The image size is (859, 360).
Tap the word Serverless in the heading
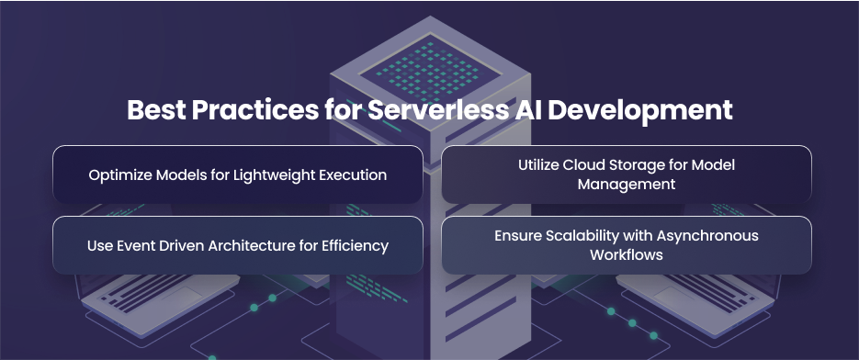coord(437,110)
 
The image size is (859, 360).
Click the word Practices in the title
coord(254,110)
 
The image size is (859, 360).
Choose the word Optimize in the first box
coord(120,175)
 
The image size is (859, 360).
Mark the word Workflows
coord(627,254)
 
